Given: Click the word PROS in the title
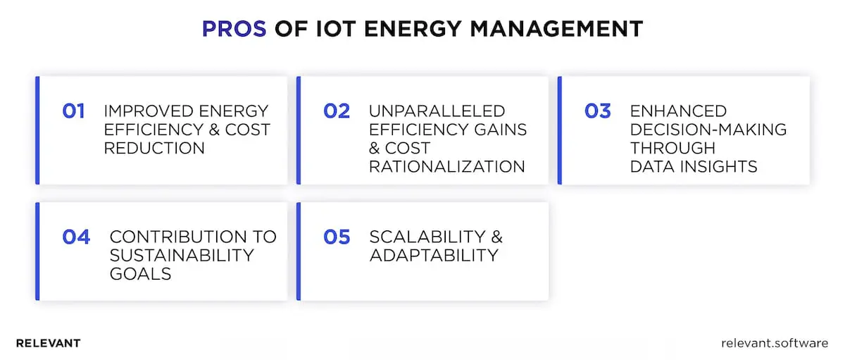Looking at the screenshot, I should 234,29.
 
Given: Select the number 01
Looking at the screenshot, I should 73,111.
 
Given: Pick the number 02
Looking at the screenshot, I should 337,111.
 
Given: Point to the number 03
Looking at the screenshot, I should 598,111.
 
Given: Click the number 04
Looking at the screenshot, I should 76,237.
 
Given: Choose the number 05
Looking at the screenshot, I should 337,237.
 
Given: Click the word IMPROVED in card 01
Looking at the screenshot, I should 146,111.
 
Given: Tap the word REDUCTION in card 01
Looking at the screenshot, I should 154,148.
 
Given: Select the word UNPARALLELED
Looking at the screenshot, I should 437,111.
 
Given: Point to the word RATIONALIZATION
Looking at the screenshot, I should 447,166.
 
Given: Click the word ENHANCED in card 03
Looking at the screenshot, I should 678,111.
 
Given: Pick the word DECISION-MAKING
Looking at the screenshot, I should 708,130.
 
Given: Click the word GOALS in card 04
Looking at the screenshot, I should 140,273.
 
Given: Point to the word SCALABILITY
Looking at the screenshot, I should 427,237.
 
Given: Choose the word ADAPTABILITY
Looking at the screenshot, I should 434,255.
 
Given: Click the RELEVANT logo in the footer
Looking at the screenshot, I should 48,343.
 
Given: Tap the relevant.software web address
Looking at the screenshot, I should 775,343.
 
